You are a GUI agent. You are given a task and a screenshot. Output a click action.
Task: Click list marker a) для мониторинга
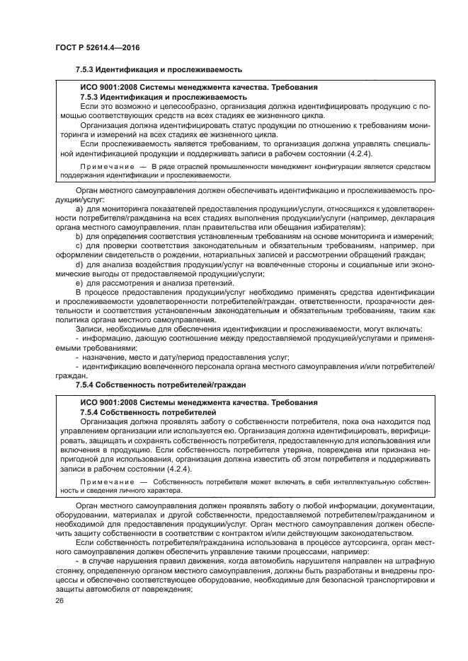pyautogui.click(x=79, y=209)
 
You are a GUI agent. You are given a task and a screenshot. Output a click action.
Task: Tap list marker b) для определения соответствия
pyautogui.click(x=79, y=235)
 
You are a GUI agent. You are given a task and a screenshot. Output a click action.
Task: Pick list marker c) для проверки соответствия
pyautogui.click(x=79, y=245)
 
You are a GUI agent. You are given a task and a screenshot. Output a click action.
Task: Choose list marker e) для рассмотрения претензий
pyautogui.click(x=79, y=283)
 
